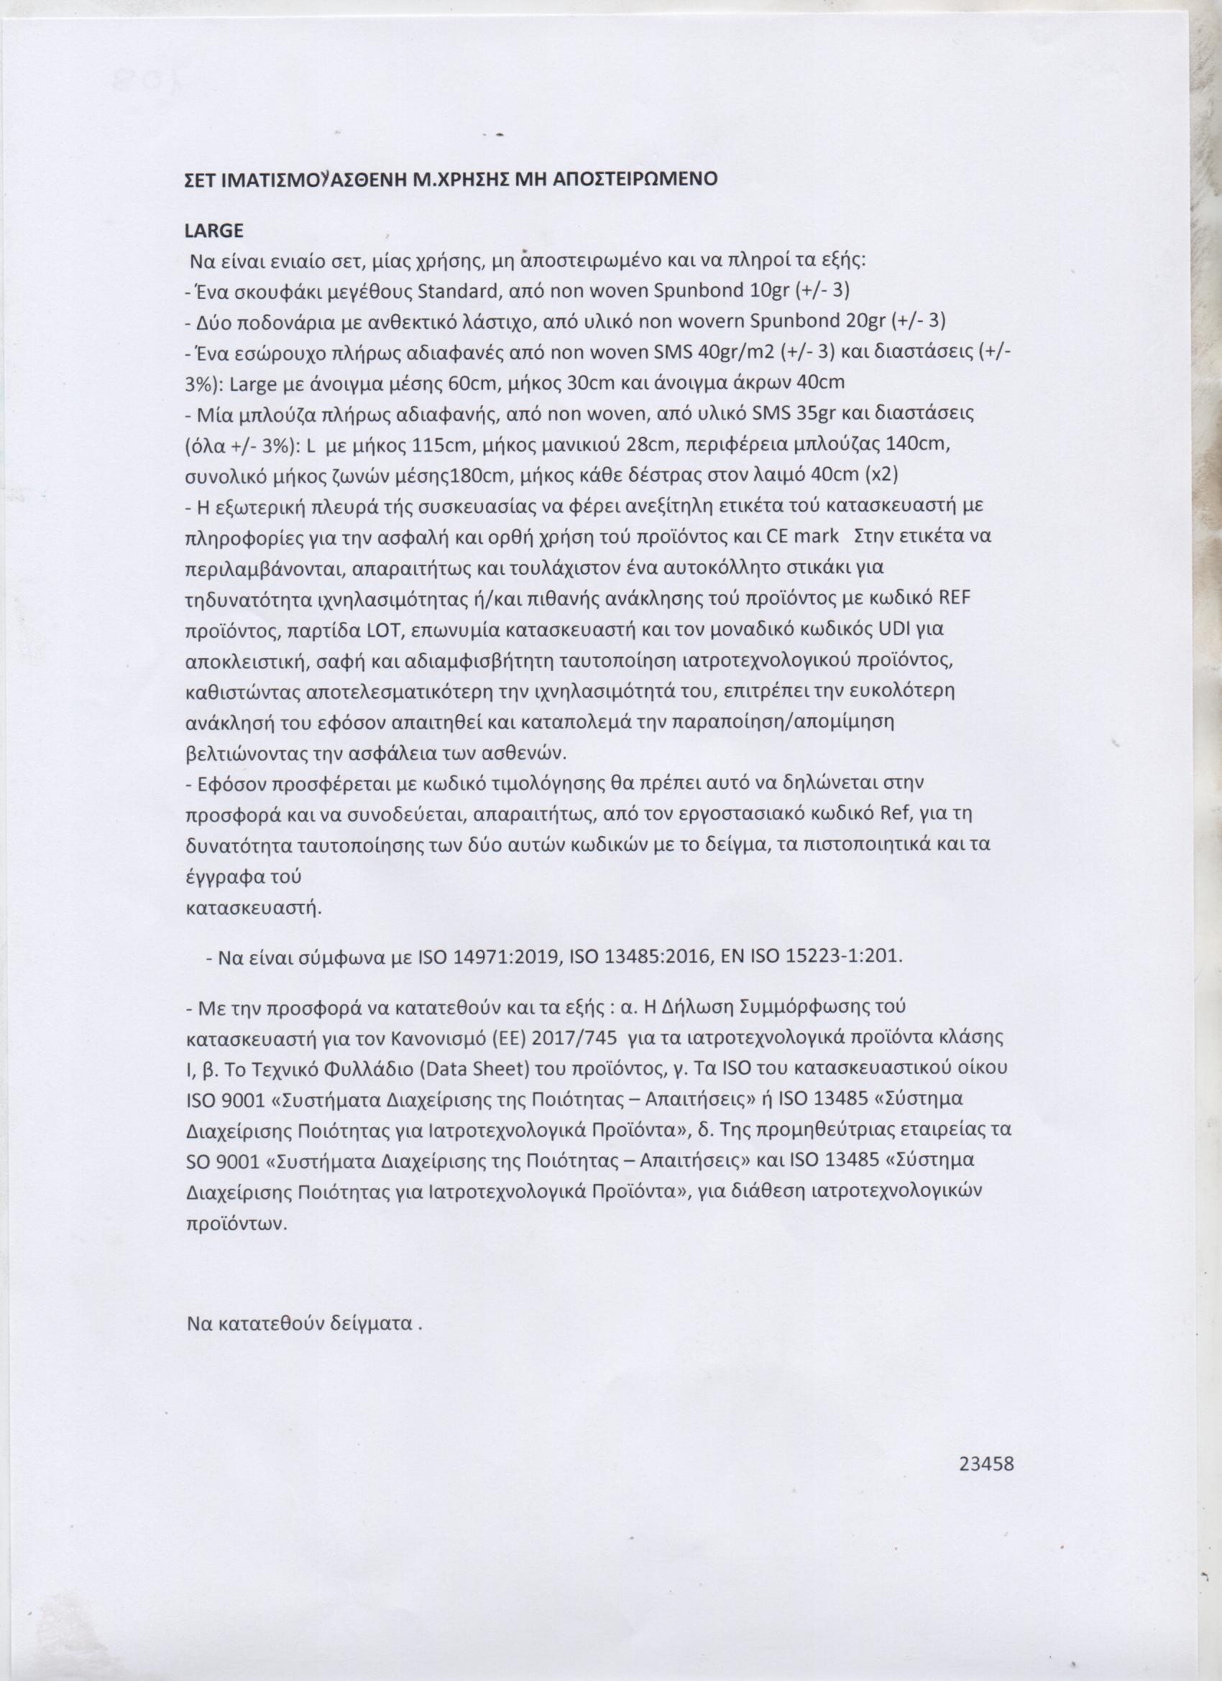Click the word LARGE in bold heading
(213, 231)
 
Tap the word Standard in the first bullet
(462, 290)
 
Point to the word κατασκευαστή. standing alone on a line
(253, 909)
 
